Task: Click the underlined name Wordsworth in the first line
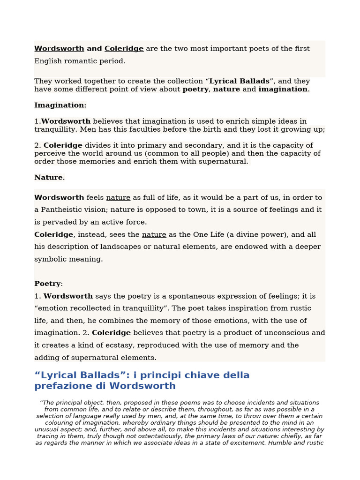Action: click(59, 49)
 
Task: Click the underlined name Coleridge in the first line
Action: click(124, 49)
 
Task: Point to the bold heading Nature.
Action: click(49, 178)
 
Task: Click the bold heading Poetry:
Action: click(48, 284)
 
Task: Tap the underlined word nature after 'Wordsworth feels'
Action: click(118, 198)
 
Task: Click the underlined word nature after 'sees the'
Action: click(154, 234)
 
